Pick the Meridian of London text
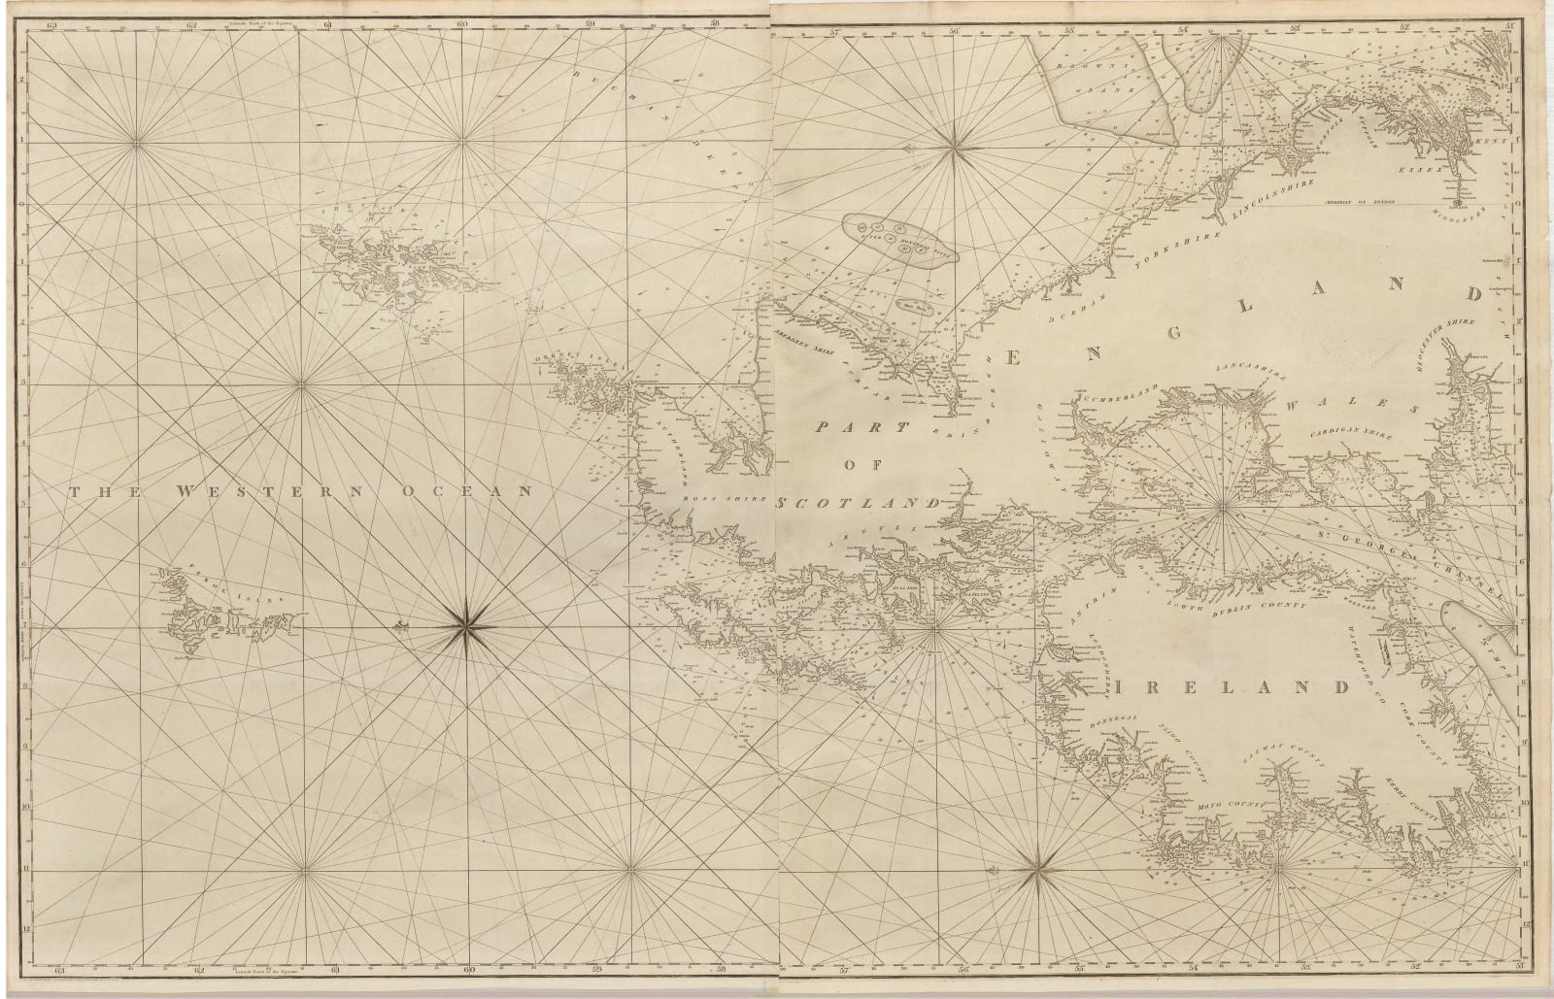click(x=1360, y=199)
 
